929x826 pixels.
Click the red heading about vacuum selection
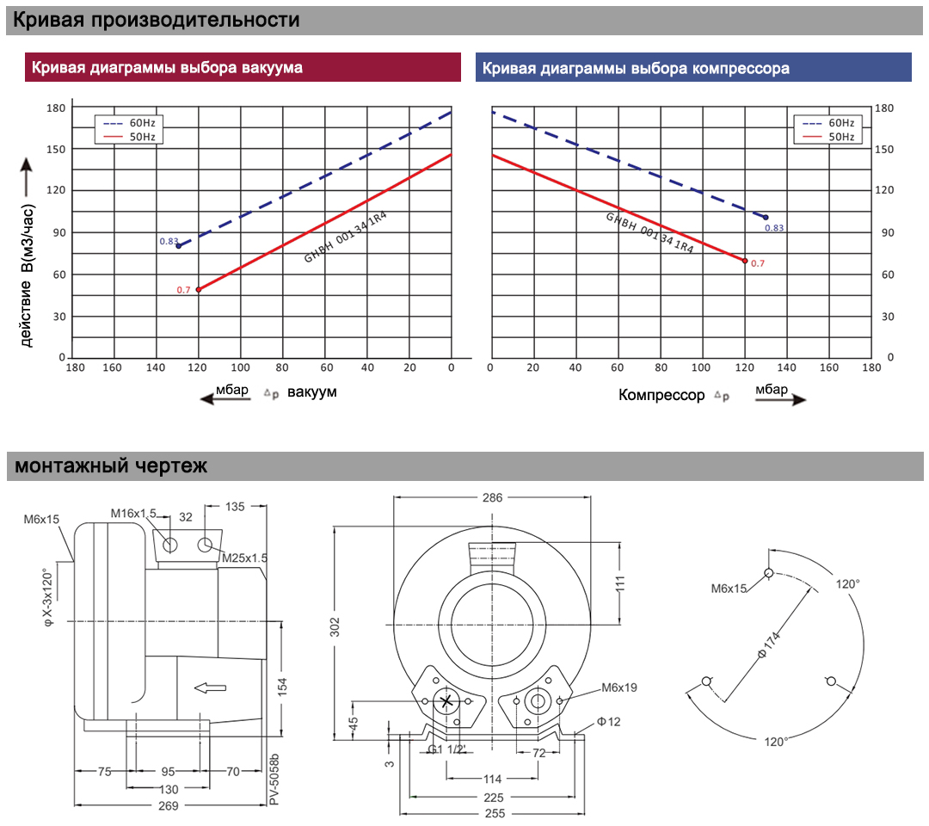click(167, 68)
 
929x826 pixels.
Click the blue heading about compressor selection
click(636, 68)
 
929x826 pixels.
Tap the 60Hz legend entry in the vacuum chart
click(129, 123)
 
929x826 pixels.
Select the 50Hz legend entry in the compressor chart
click(828, 137)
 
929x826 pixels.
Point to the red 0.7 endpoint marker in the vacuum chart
click(199, 290)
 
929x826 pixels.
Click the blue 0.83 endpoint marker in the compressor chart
click(766, 218)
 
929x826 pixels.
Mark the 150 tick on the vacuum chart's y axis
click(56, 150)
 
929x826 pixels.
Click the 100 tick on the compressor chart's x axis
click(701, 367)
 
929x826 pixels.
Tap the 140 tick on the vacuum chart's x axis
click(156, 367)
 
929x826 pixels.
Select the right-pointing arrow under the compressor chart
click(781, 399)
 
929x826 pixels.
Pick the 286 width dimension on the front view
click(492, 497)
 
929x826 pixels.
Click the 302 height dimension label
click(335, 627)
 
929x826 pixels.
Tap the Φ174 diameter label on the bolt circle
click(769, 645)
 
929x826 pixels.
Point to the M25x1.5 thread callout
click(244, 558)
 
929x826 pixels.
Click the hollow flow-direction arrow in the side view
click(211, 688)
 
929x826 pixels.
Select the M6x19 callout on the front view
click(619, 687)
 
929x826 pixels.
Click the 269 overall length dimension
click(169, 806)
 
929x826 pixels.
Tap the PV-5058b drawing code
click(274, 780)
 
